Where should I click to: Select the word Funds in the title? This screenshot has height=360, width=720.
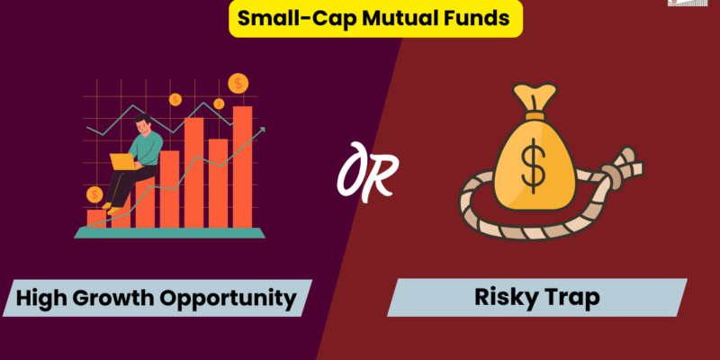(x=450, y=19)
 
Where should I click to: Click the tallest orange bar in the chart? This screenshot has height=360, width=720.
(x=242, y=166)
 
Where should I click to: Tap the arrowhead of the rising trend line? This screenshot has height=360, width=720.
(x=262, y=130)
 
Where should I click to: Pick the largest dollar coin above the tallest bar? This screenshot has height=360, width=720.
(x=238, y=84)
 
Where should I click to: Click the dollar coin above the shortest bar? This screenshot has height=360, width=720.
(x=94, y=193)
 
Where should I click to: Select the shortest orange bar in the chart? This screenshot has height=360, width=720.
(x=95, y=218)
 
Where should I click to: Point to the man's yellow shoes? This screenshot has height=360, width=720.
(x=107, y=207)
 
